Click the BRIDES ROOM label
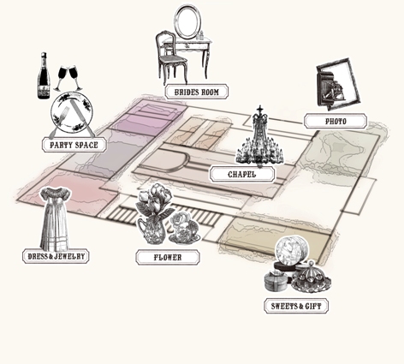[197, 92]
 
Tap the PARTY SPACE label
[74, 145]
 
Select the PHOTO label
[336, 122]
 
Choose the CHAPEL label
[242, 174]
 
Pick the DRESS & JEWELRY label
[56, 256]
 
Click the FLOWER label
[168, 257]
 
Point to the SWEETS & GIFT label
[296, 306]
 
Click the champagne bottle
[44, 75]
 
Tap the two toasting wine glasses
[68, 78]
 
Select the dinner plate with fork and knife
[72, 112]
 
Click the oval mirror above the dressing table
[187, 21]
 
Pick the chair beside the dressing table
[171, 57]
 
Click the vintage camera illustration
[338, 84]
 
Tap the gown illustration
[55, 218]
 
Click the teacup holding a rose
[184, 229]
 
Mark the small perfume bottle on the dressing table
[201, 35]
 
